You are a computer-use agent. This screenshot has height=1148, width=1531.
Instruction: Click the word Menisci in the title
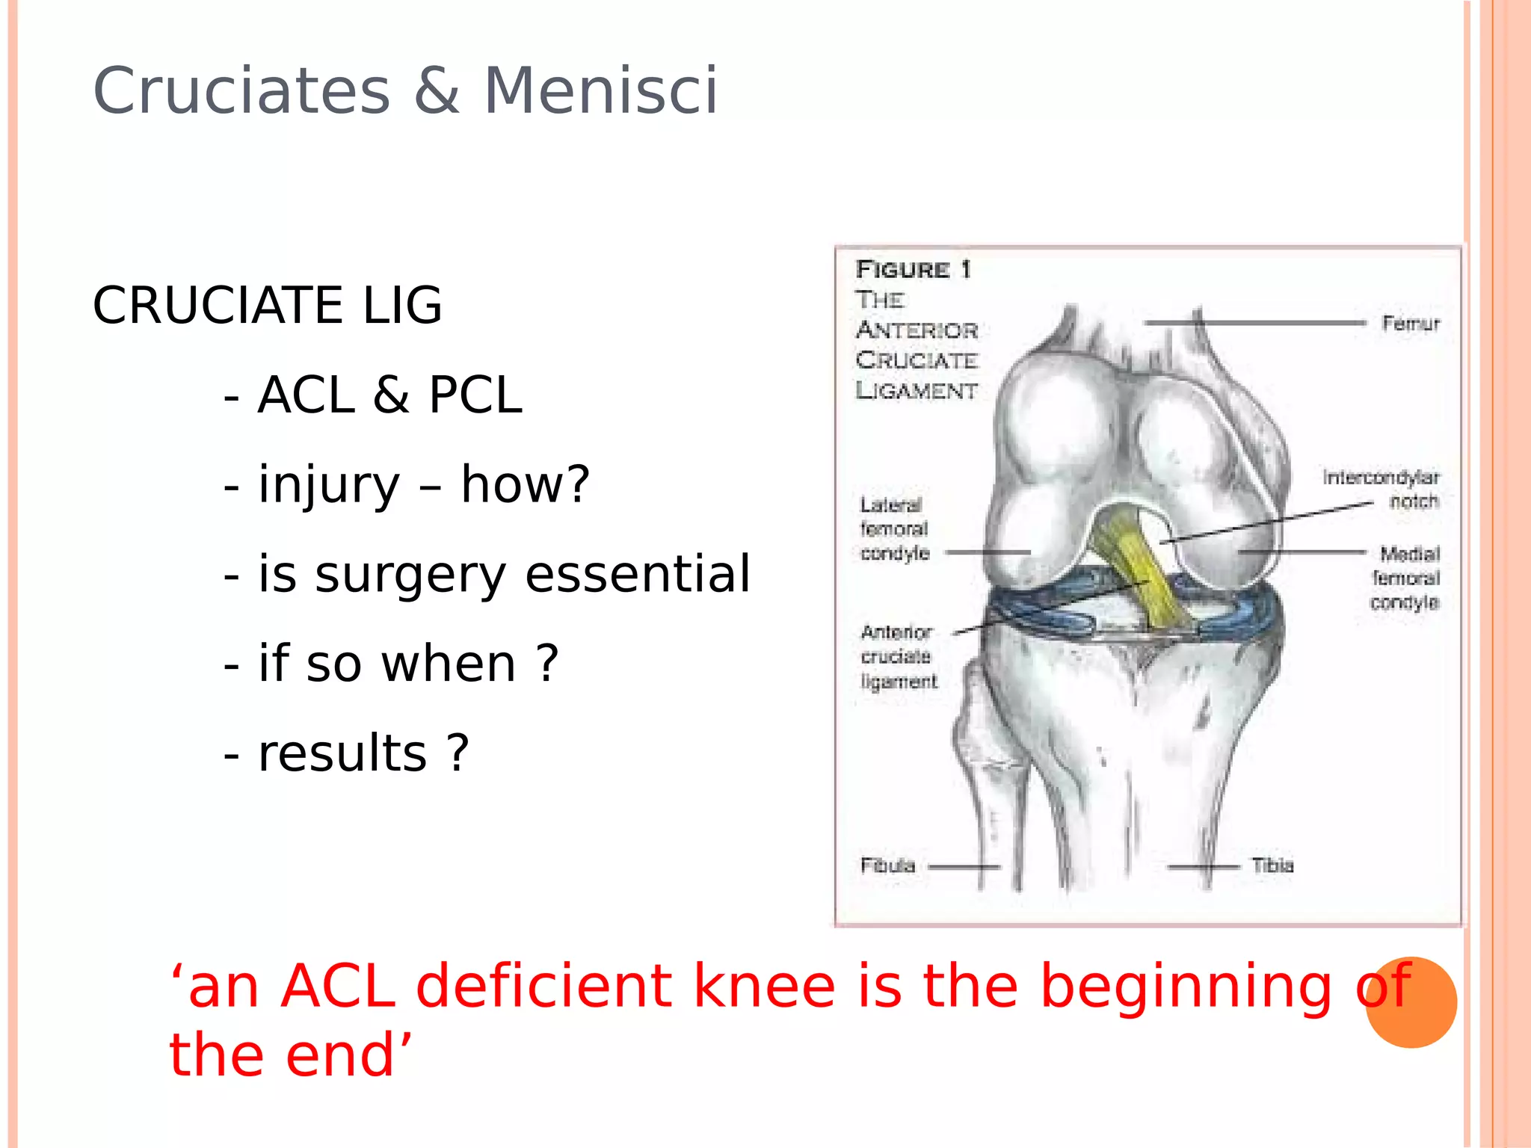tap(600, 91)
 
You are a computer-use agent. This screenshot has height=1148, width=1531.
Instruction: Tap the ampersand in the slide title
tap(437, 91)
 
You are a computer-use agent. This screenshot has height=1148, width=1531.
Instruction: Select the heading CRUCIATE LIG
tap(267, 306)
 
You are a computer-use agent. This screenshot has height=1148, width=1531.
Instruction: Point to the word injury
tap(329, 486)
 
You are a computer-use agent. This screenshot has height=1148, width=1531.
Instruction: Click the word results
tap(342, 753)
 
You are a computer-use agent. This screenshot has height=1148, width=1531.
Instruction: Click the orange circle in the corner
tap(1411, 1003)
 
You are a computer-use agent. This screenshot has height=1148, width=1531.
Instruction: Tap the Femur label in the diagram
tap(1411, 324)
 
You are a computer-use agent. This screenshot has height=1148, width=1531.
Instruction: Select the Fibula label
tap(887, 865)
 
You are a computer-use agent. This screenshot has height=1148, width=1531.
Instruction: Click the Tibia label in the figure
tap(1272, 865)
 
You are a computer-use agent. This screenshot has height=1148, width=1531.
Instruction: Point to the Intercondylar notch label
tap(1381, 489)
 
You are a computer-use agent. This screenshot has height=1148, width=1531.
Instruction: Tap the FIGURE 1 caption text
tap(913, 269)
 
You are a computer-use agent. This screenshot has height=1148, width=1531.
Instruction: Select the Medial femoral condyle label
tap(1405, 578)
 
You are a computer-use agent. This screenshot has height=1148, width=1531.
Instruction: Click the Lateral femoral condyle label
tap(894, 529)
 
